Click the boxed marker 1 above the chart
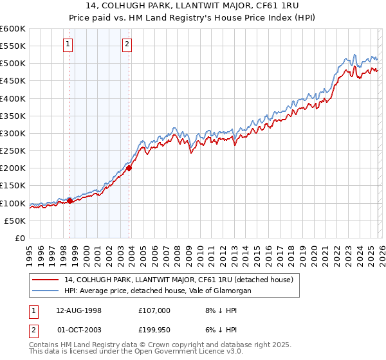pos(68,44)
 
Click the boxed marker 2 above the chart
pos(127,44)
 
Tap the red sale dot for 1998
pos(70,201)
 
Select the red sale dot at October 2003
pos(129,168)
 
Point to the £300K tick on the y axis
pos(14,134)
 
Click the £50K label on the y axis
pos(15,221)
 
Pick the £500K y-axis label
pos(14,64)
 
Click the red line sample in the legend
pos(46,280)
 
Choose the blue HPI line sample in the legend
pos(46,291)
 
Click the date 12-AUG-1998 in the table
pos(78,310)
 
